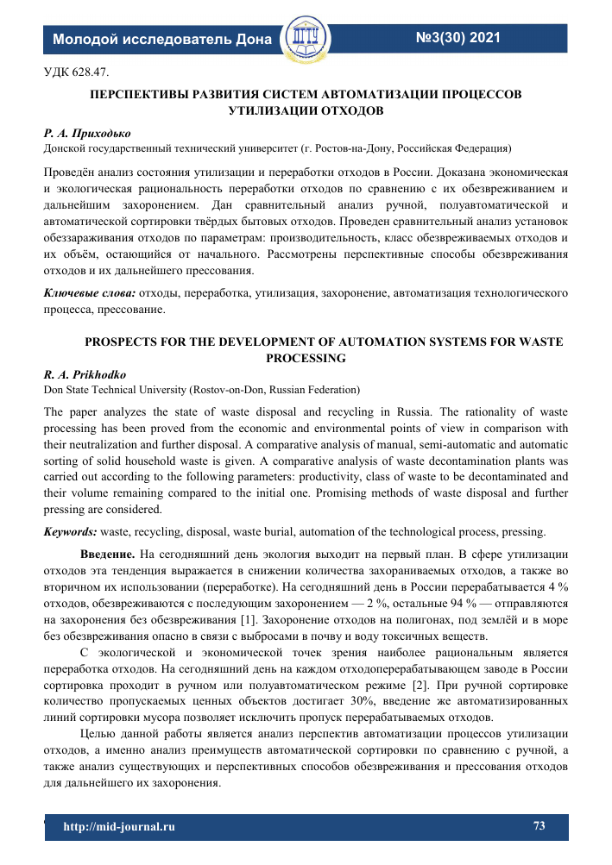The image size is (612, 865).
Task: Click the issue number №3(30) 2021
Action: click(x=458, y=37)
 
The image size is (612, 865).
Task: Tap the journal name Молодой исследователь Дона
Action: click(x=162, y=39)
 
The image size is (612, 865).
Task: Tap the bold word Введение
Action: click(x=107, y=553)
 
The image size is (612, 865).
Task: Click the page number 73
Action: click(x=539, y=826)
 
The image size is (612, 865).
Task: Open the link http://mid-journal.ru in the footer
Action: click(x=119, y=827)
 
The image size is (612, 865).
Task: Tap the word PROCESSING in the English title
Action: click(x=306, y=357)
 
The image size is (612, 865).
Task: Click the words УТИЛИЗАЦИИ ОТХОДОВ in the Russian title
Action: click(x=306, y=110)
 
